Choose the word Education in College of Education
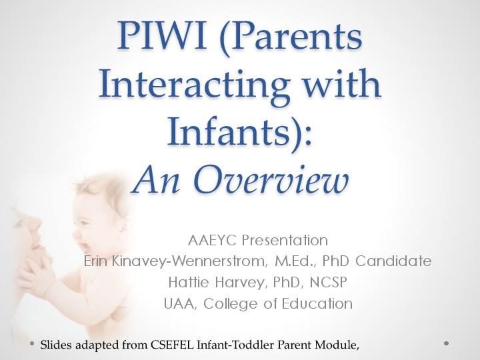pyautogui.click(x=316, y=303)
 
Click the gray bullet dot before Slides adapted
pyautogui.click(x=32, y=343)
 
